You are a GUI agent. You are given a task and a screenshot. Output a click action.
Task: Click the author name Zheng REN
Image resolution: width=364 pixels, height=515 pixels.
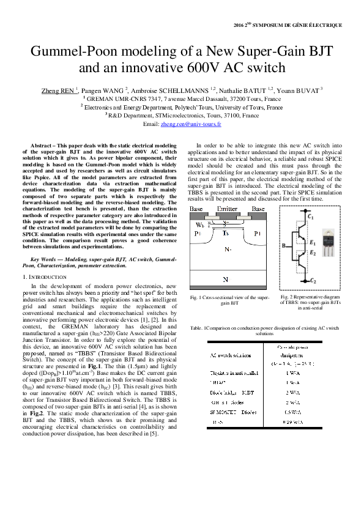coord(58,90)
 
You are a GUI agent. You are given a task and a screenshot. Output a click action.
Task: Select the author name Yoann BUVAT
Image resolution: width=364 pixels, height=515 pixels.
coord(301,90)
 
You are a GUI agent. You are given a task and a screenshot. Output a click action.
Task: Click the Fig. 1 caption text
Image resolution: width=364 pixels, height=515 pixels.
coord(229,300)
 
